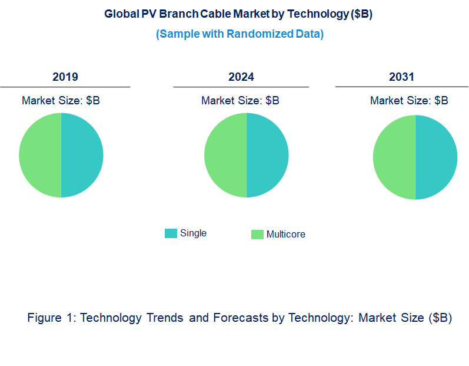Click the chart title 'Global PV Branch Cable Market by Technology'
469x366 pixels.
coord(238,14)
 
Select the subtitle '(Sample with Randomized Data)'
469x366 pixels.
coord(240,34)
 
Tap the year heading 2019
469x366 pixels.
coord(65,77)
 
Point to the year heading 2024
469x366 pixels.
coord(241,77)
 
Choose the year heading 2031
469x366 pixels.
coord(401,77)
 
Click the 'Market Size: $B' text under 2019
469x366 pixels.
coord(61,100)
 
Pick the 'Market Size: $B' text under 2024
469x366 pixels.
coord(240,100)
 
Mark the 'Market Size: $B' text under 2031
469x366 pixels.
coord(409,100)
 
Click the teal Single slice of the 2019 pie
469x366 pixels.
coord(82,155)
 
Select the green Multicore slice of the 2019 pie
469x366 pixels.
coord(40,155)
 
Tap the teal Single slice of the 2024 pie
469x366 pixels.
coord(267,155)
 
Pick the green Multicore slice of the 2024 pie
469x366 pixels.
coord(225,155)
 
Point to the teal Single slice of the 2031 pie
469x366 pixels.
coord(436,157)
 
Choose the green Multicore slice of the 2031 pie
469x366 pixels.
coord(394,157)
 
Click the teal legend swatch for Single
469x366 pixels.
coord(171,233)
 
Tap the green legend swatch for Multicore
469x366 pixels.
coord(257,235)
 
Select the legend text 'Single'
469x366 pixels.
coord(193,233)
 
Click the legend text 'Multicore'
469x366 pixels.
coord(286,234)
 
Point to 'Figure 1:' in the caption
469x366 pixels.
coord(52,318)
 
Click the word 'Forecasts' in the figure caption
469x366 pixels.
coord(241,318)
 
